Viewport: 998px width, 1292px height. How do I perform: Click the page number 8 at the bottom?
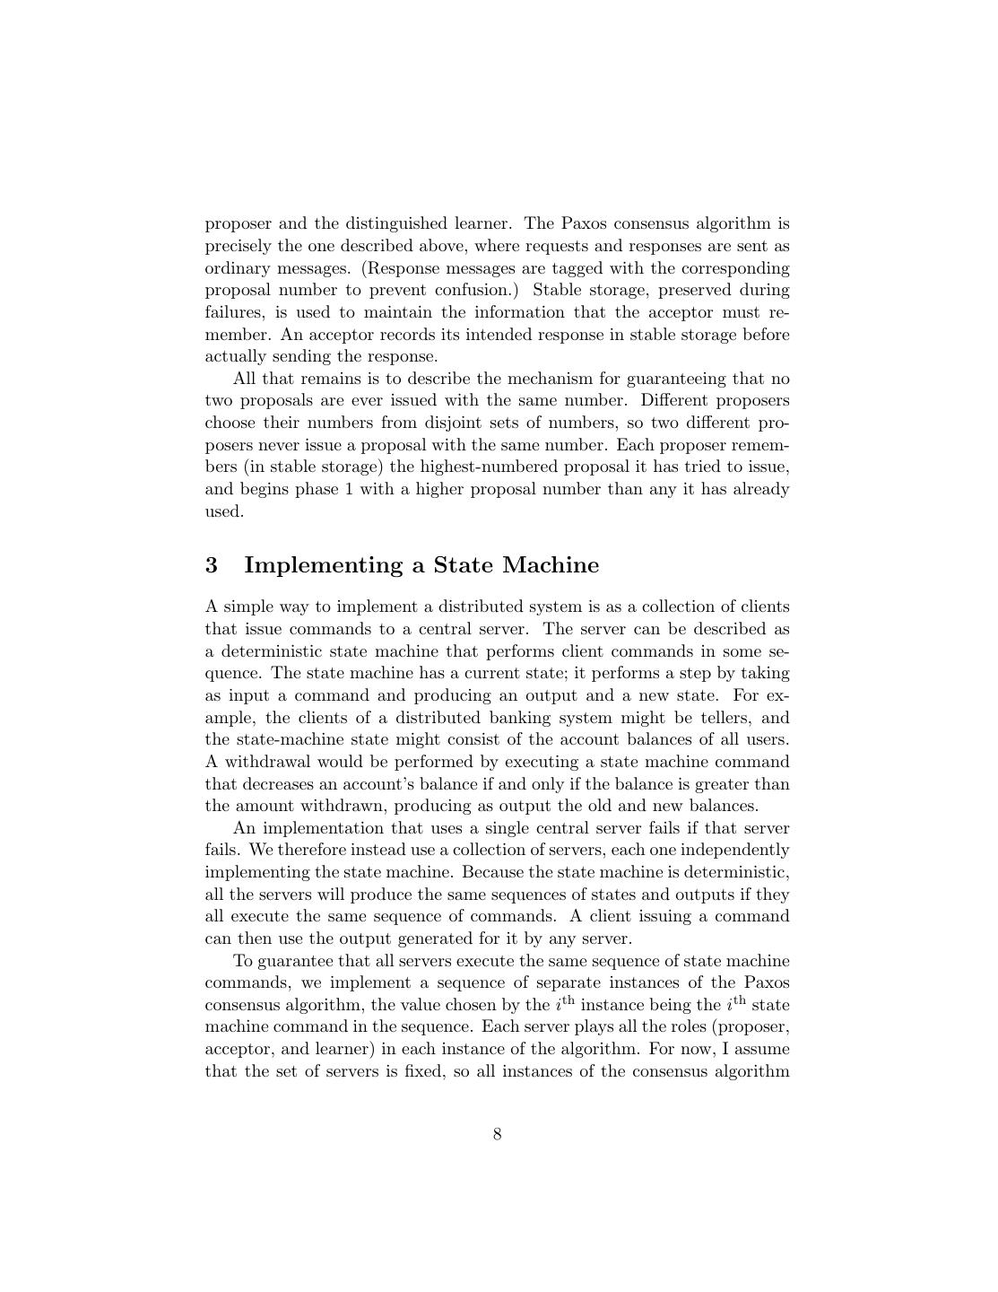coord(497,1134)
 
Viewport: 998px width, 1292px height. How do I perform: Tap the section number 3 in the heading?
coord(212,565)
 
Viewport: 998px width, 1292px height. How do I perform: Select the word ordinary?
coord(236,268)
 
